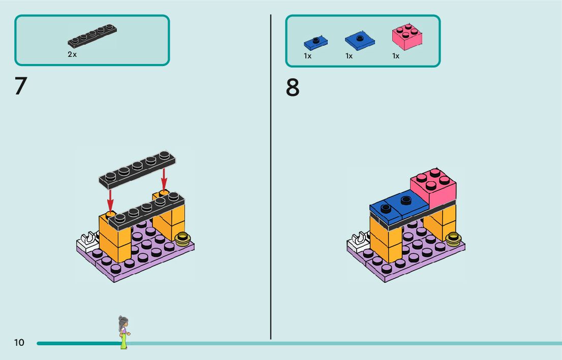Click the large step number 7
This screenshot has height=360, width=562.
click(x=20, y=86)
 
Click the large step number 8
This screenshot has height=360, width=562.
click(x=293, y=88)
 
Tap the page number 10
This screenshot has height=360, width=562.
click(x=19, y=343)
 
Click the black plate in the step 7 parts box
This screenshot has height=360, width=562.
click(x=91, y=37)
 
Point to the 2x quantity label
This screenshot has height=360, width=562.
click(x=72, y=54)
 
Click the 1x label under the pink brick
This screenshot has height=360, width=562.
click(x=395, y=56)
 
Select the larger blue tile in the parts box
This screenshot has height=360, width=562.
click(x=360, y=41)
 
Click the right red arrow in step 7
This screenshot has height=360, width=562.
click(x=164, y=178)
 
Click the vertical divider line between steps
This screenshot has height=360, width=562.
click(x=270, y=178)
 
